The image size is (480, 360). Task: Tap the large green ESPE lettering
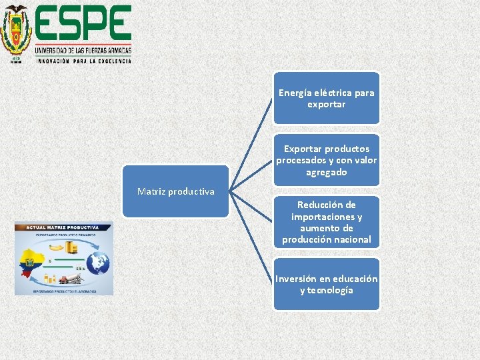[x=83, y=24]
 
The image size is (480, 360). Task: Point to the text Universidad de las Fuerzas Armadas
[x=83, y=50]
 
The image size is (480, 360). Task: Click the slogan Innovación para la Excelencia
[x=83, y=60]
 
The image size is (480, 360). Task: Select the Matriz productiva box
[x=175, y=191]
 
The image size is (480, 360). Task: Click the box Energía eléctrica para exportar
[x=326, y=99]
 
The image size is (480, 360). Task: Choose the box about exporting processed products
[x=326, y=160]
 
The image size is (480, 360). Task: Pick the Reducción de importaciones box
[x=326, y=222]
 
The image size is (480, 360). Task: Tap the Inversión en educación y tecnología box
[x=326, y=285]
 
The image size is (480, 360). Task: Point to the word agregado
[x=326, y=172]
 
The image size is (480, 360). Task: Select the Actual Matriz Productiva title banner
[x=63, y=227]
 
